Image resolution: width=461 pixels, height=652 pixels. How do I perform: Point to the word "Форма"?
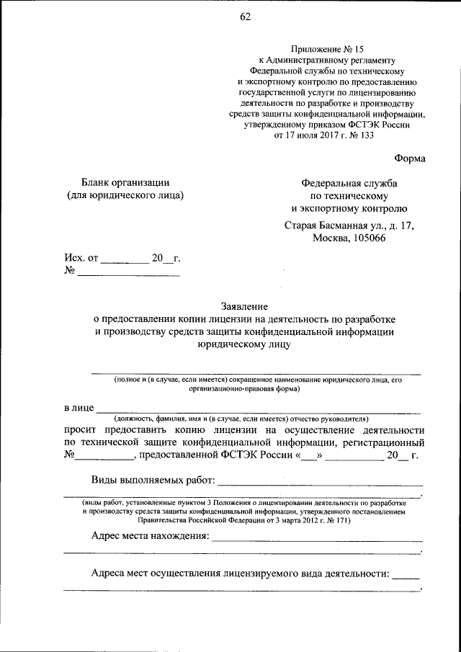[x=410, y=158]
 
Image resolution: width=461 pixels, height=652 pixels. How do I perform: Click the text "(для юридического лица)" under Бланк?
[x=125, y=195]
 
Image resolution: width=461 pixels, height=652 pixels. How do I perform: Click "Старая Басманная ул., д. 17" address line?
[x=349, y=225]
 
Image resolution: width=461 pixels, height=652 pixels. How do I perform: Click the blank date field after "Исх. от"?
[x=123, y=259]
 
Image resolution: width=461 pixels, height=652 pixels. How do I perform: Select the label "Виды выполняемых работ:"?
[x=153, y=481]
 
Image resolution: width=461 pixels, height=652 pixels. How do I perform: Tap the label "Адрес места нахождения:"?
[x=150, y=536]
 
